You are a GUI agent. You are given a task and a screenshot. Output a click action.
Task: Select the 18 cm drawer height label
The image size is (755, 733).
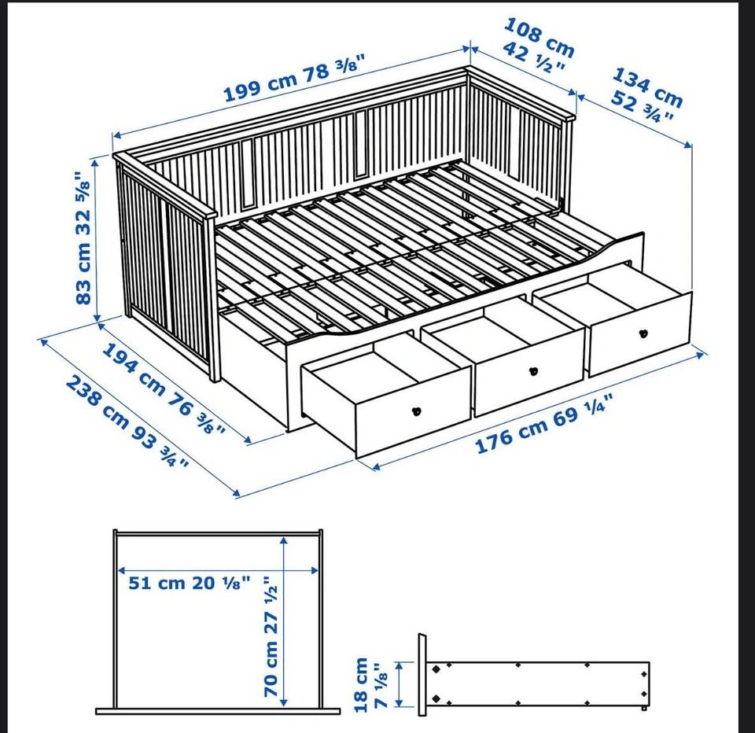pos(361,684)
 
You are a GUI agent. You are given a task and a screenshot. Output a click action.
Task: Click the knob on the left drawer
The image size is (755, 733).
pos(417,411)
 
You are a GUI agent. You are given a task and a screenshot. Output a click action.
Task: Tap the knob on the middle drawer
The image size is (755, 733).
pos(533,371)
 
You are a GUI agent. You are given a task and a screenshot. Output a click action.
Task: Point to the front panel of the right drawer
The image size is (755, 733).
pos(640,333)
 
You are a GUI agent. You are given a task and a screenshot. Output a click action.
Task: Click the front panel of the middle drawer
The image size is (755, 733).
pos(529,372)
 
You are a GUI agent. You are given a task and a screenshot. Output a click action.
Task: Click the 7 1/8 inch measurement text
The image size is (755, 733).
pos(381,686)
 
